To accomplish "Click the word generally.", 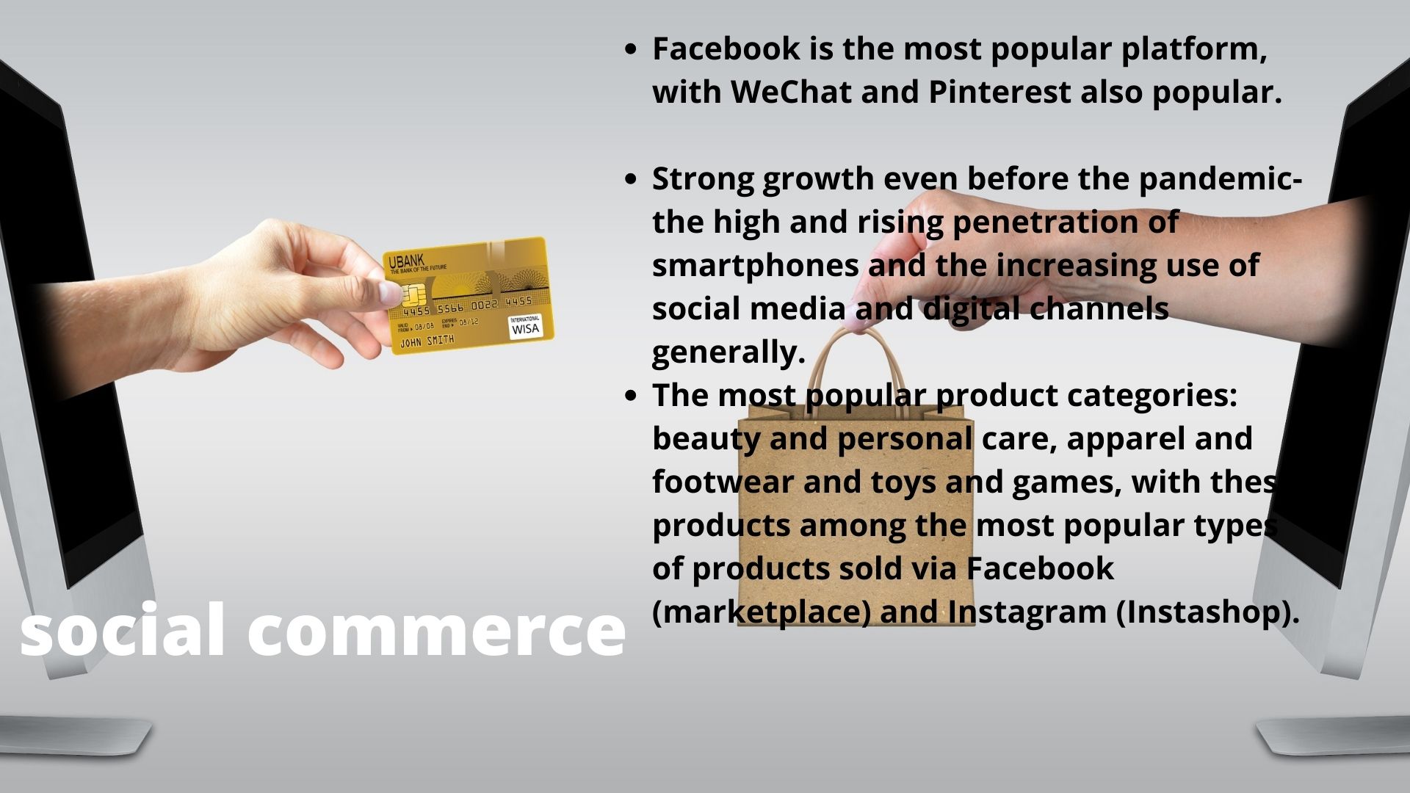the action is pos(728,353).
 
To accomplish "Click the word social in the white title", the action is pos(122,630).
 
